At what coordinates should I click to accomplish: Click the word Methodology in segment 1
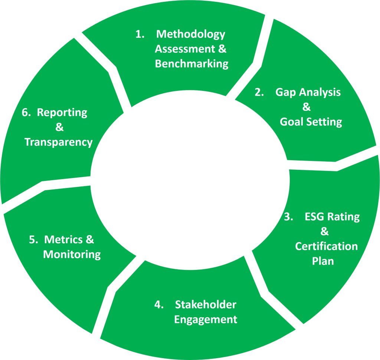[x=191, y=34]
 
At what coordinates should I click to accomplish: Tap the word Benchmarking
[x=191, y=64]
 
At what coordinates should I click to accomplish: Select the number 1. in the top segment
[x=140, y=34]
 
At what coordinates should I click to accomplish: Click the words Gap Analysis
[x=308, y=93]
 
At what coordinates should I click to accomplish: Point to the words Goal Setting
[x=311, y=122]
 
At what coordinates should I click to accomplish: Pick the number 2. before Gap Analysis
[x=259, y=93]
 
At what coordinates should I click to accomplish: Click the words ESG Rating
[x=332, y=217]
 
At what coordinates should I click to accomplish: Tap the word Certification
[x=327, y=246]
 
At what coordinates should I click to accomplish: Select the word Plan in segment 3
[x=323, y=261]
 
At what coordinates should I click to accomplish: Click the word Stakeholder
[x=205, y=305]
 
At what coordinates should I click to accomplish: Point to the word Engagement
[x=206, y=319]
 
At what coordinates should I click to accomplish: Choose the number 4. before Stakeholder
[x=159, y=305]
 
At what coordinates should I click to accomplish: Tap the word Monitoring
[x=72, y=254]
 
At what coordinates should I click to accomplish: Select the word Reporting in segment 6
[x=62, y=112]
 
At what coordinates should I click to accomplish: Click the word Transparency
[x=59, y=142]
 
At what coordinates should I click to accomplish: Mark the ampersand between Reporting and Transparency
[x=59, y=128]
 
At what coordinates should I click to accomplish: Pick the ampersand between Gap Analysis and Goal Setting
[x=306, y=108]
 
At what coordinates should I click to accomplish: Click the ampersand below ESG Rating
[x=324, y=231]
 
